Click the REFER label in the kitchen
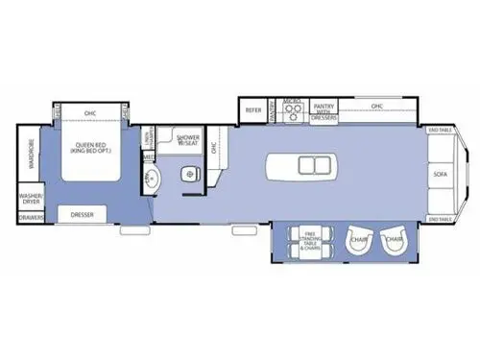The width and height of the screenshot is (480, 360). pos(253,110)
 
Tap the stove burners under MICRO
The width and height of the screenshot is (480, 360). pos(293,112)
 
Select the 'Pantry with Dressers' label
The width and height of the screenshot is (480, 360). pos(324,110)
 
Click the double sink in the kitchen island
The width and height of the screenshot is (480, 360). pos(313,165)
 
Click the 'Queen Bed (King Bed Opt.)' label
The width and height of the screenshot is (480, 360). pos(91,152)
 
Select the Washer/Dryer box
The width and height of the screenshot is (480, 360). pos(30,199)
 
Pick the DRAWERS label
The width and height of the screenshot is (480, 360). pos(31,218)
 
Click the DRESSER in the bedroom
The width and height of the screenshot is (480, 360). pos(83,215)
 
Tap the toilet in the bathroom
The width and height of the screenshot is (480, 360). pos(189,173)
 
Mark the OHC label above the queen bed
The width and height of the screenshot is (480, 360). pos(91,112)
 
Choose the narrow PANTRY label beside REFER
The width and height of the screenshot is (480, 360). pos(273,111)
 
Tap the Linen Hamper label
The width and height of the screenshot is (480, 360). pos(149,140)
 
